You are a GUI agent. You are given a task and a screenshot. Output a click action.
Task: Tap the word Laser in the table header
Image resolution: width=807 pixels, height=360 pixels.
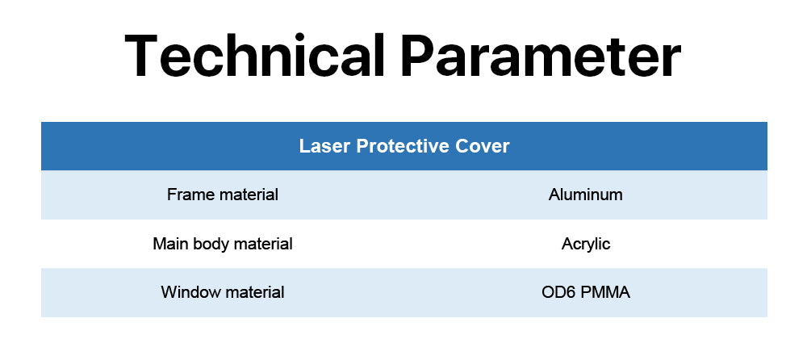tap(324, 146)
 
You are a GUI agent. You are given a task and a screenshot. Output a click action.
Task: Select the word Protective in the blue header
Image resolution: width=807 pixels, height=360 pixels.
tap(401, 146)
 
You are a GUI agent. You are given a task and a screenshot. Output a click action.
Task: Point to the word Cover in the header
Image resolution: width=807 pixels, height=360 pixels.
tap(482, 146)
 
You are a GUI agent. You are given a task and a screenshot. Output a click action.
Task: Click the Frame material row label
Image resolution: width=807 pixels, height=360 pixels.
tap(223, 195)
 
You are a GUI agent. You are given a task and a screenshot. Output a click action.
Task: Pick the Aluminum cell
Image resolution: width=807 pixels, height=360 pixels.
tap(586, 195)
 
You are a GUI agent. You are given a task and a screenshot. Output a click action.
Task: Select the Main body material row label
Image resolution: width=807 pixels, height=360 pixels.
tap(223, 244)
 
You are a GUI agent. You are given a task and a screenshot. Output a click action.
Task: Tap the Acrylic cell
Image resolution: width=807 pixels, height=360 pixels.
tap(586, 244)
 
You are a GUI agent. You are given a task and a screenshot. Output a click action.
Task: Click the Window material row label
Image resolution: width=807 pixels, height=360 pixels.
tap(223, 292)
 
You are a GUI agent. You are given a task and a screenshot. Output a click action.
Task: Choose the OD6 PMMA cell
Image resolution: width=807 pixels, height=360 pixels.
tap(586, 292)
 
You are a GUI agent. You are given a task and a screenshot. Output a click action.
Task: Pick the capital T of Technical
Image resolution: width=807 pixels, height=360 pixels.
tap(141, 56)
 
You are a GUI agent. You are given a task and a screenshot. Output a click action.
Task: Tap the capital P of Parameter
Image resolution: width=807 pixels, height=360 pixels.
tap(418, 56)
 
